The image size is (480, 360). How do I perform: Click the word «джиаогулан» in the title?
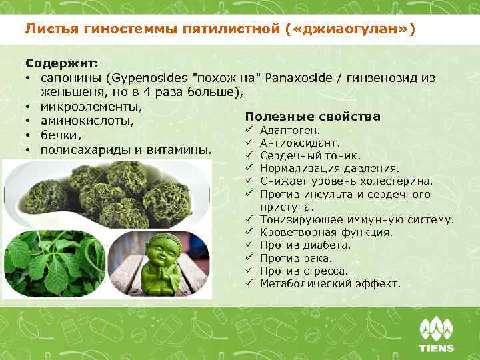pos(354,30)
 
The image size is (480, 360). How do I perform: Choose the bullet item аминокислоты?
pos(87,121)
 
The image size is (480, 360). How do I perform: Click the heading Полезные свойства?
pos(313,117)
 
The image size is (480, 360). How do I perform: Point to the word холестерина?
pos(397,181)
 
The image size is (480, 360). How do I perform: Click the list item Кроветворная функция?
pos(326,233)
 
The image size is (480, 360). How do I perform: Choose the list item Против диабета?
pos(305,245)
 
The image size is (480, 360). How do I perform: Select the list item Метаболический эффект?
pos(330,284)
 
